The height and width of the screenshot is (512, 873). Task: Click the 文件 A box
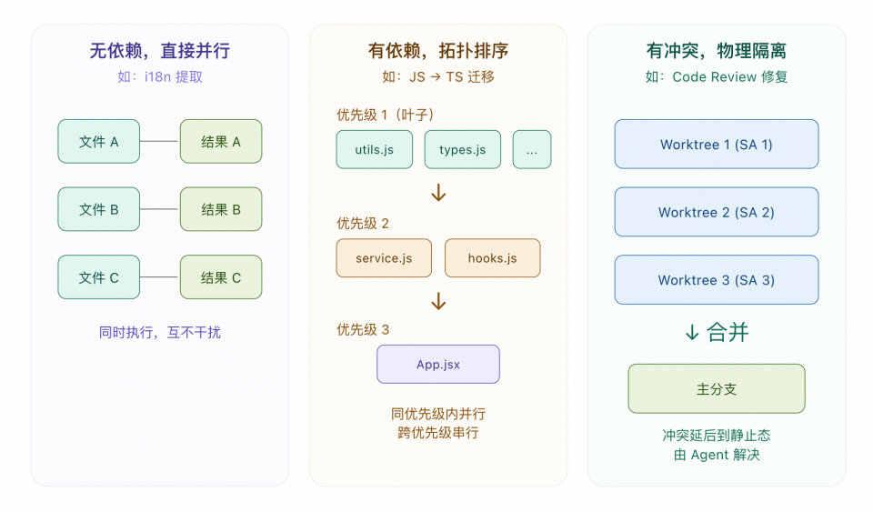[98, 142]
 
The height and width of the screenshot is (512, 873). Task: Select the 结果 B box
[221, 209]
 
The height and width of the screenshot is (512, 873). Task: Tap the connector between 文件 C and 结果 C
[160, 277]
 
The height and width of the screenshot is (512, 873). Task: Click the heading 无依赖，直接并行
[159, 51]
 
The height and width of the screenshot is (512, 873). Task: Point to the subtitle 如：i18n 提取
[159, 77]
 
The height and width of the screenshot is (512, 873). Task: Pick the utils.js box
[374, 150]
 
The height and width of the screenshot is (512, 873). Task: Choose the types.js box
[462, 150]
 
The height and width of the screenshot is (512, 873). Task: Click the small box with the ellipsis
[531, 150]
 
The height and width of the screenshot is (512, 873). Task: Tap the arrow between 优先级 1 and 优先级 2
[438, 193]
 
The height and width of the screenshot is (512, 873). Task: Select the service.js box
[383, 258]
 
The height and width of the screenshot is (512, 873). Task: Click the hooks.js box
[492, 258]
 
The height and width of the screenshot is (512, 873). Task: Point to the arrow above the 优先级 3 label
[438, 301]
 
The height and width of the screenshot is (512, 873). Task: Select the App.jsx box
[437, 365]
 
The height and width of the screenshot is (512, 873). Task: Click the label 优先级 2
[363, 224]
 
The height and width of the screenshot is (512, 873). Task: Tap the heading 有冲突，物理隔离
[716, 51]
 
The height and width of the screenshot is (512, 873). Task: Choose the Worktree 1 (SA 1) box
[716, 145]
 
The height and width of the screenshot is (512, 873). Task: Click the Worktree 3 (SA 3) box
[716, 280]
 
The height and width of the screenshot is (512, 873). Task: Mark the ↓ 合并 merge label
[716, 333]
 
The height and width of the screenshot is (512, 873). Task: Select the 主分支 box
[716, 389]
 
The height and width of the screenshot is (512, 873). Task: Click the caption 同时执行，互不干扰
[159, 333]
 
